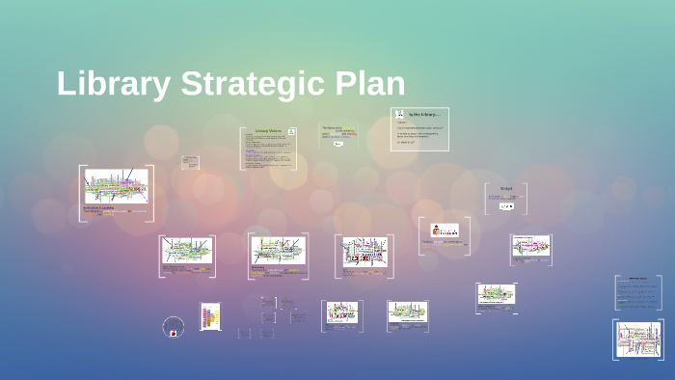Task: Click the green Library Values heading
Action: pos(267,130)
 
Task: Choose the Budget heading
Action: pos(506,188)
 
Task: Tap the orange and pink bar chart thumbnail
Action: pos(210,315)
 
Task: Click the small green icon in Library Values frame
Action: pos(291,131)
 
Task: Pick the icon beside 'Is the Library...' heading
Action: pos(400,115)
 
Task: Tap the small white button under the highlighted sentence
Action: pos(338,144)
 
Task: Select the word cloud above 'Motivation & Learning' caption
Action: pos(116,185)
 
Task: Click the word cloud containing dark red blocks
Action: pos(364,251)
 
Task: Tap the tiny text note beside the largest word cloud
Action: pos(191,162)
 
